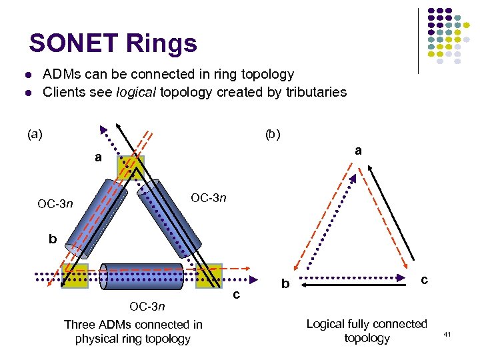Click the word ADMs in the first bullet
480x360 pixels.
61,74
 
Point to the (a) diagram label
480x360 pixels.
35,134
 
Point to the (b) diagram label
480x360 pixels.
273,134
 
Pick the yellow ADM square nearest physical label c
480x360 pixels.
209,276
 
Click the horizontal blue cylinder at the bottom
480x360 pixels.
141,276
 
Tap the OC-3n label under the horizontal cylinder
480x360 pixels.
147,306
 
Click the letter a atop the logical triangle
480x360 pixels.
358,151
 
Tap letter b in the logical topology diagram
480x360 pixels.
285,285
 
